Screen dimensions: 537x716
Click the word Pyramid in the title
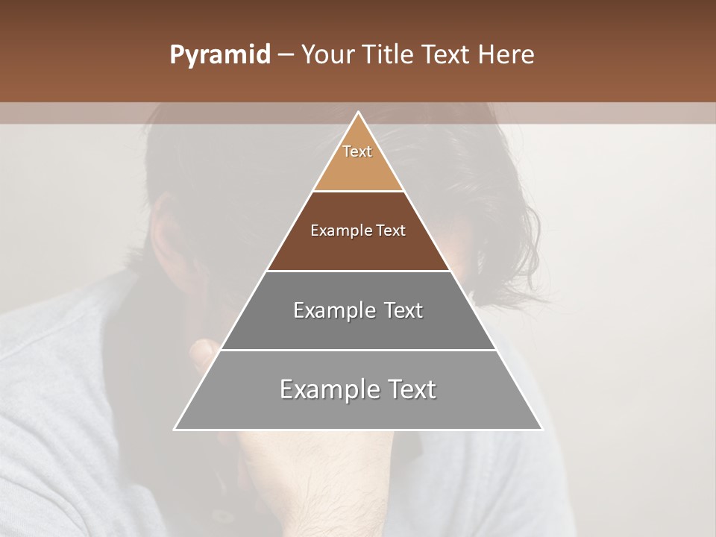[219, 55]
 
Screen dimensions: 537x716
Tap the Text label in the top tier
[357, 151]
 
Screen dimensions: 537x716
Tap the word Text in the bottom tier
[411, 389]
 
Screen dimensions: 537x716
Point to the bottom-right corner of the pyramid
[541, 429]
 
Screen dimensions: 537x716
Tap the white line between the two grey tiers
[358, 350]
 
